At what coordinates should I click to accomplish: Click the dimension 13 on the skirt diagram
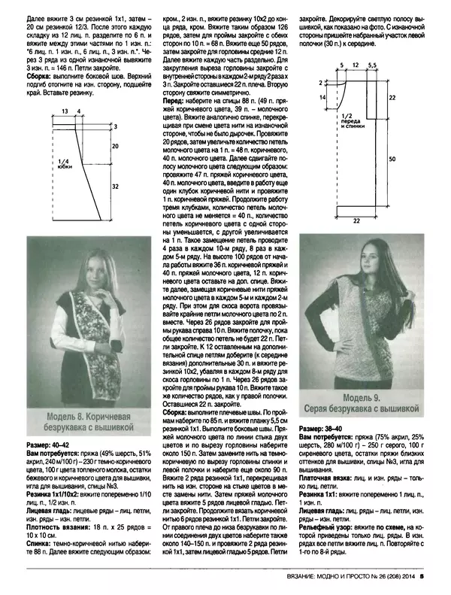tap(65, 111)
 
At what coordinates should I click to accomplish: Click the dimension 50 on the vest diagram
tap(392, 159)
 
